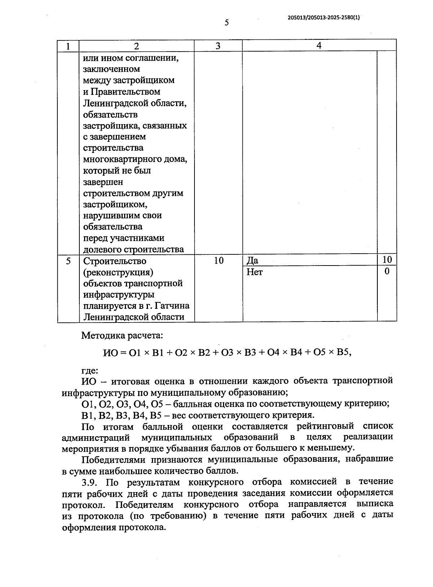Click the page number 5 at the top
[x=227, y=23]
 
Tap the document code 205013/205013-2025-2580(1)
[x=324, y=17]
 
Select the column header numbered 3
[x=218, y=46]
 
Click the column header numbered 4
[x=319, y=45]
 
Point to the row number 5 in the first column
[x=69, y=261]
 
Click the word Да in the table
[x=253, y=261]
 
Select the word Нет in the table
[x=255, y=272]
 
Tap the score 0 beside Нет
[x=387, y=271]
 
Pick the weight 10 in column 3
[x=219, y=260]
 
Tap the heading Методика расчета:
[x=122, y=336]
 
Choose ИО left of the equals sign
[x=110, y=353]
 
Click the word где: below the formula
[x=89, y=370]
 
